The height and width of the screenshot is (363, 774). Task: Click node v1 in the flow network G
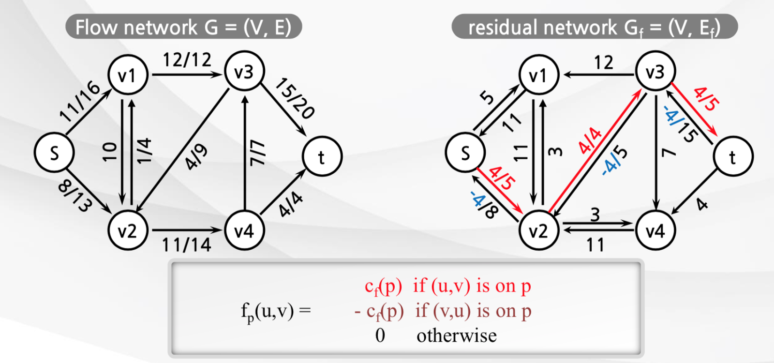click(x=127, y=75)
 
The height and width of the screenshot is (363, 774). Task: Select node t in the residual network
click(x=733, y=156)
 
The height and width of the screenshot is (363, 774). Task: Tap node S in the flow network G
click(x=54, y=152)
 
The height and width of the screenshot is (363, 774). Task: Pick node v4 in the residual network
click(x=655, y=231)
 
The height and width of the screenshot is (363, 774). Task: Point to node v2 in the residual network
click(x=538, y=231)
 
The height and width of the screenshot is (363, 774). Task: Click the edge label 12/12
click(x=187, y=60)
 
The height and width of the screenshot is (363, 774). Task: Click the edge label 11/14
click(x=187, y=245)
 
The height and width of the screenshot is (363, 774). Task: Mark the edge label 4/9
click(x=197, y=157)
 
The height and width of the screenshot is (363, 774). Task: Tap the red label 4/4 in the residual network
click(x=590, y=140)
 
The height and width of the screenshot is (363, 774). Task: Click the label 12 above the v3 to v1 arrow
click(x=604, y=62)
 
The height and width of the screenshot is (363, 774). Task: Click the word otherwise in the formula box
click(x=456, y=335)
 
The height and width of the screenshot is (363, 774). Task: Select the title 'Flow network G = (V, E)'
click(x=183, y=27)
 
